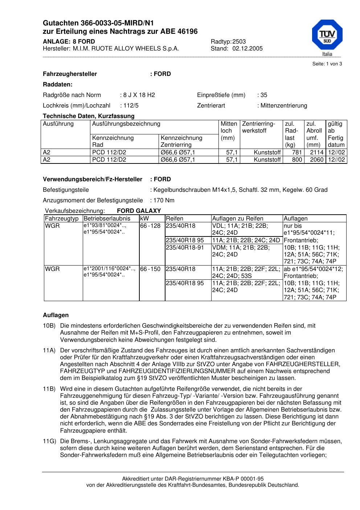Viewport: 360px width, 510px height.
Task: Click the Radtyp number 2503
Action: click(x=239, y=42)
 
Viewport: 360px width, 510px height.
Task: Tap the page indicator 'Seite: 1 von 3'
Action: click(x=327, y=64)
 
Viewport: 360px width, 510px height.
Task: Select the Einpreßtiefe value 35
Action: click(x=264, y=95)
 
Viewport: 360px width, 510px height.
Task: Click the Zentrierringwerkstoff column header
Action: click(x=258, y=127)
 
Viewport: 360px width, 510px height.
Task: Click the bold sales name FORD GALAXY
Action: click(x=139, y=211)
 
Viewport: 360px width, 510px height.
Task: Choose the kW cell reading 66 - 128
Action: click(x=150, y=226)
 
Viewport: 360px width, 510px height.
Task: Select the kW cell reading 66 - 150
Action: click(x=150, y=269)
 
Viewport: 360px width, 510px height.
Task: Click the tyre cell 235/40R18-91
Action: click(x=185, y=247)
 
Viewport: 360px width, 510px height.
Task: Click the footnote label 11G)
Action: click(x=49, y=441)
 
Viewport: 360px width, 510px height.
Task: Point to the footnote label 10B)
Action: click(x=49, y=326)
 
